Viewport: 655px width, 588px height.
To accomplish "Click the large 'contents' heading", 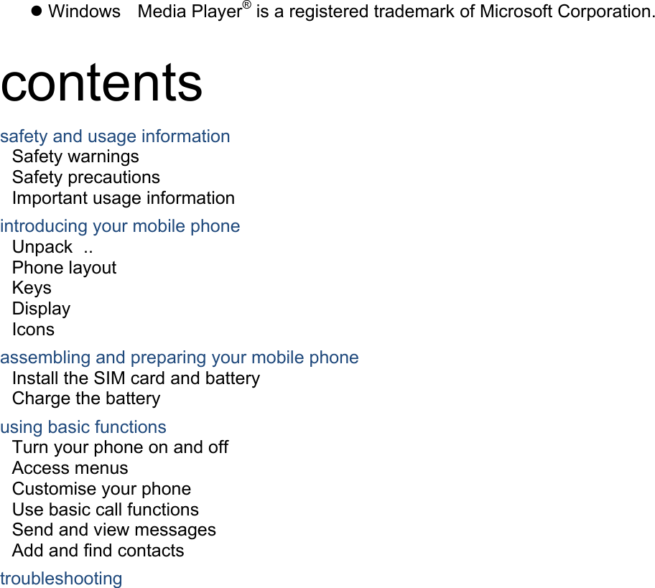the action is pos(101,83).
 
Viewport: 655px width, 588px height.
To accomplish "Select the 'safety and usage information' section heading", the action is pos(115,136).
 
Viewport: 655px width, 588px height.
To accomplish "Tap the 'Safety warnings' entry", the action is pos(75,157).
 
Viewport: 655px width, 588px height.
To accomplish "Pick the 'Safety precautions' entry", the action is pos(86,177).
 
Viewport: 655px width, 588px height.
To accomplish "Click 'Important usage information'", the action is pos(124,198).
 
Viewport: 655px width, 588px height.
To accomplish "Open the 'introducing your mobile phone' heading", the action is pos(120,226).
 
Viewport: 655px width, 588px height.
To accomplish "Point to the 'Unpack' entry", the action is pos(42,247).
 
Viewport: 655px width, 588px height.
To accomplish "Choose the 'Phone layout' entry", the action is pos(65,268).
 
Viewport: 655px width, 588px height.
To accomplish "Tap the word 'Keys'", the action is pos(32,288).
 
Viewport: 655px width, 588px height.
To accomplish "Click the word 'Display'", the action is pos(42,309).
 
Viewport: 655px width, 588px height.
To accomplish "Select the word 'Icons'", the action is pos(34,330).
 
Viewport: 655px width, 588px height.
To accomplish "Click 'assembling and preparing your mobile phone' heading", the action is pos(180,358).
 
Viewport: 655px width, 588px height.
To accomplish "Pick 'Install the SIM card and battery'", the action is pos(136,378).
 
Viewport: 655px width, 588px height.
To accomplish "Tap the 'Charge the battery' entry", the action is pos(86,399).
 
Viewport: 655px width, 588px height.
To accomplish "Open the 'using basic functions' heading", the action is pos(83,427).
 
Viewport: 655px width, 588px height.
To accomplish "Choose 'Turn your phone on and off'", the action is pos(121,447).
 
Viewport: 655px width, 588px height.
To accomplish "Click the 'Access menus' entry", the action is pos(70,468).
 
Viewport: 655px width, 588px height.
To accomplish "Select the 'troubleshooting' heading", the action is pos(61,579).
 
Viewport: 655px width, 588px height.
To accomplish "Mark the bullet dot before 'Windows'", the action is pos(37,11).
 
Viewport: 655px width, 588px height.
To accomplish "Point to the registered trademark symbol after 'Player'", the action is pos(247,4).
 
